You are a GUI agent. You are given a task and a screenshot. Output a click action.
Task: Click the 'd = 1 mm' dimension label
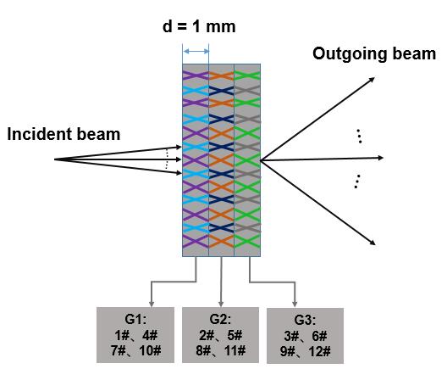tap(199, 26)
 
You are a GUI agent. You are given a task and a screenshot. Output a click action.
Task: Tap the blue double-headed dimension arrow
tap(196, 52)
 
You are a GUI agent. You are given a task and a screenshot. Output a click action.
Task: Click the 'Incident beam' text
tap(63, 134)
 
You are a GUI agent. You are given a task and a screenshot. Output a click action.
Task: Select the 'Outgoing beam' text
tap(374, 53)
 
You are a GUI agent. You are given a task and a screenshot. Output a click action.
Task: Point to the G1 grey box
tap(135, 335)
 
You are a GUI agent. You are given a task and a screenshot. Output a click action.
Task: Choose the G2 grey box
tap(220, 335)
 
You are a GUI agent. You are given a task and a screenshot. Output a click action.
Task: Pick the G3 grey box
tap(305, 335)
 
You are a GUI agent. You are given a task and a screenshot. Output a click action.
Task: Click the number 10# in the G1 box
tap(150, 350)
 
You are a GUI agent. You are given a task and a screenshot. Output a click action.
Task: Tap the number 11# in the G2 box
tap(235, 350)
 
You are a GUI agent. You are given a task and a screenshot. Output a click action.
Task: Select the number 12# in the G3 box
tap(319, 351)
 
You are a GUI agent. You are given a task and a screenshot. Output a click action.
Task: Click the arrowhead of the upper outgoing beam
tap(372, 80)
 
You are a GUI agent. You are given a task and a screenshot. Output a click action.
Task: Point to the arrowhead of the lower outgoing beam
tap(372, 243)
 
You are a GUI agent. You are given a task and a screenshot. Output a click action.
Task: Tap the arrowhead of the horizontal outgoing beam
tap(380, 158)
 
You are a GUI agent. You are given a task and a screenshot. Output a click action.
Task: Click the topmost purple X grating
tap(196, 75)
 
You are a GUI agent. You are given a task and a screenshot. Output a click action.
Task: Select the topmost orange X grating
tap(222, 75)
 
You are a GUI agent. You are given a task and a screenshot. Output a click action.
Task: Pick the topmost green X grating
tap(247, 75)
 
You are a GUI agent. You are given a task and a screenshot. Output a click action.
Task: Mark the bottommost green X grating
tap(247, 242)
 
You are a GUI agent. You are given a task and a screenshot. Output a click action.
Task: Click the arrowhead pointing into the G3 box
tap(295, 304)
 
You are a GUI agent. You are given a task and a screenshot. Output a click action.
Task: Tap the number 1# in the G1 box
tap(122, 335)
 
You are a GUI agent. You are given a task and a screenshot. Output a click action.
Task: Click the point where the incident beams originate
tap(54, 159)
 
